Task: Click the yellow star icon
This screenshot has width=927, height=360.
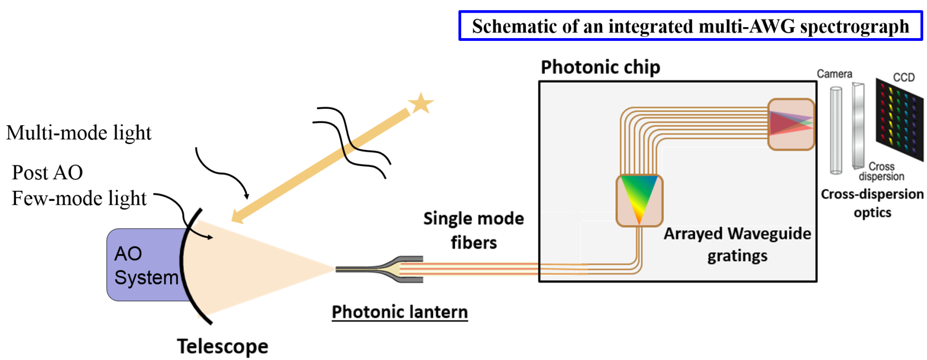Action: pos(421,103)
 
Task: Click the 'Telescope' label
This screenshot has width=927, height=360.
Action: pos(223,346)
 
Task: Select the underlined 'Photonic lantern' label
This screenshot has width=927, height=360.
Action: pos(400,312)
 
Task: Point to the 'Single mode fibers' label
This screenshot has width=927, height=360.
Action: pos(473,230)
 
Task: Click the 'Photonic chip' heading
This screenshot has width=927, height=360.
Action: pos(600,67)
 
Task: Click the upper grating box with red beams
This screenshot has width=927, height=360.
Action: pos(791,124)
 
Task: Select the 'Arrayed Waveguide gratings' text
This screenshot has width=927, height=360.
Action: pos(737,244)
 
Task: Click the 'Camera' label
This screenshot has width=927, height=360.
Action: pos(834,74)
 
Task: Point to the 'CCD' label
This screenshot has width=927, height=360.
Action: pos(904,77)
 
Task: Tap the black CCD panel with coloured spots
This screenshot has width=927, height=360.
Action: pos(899,119)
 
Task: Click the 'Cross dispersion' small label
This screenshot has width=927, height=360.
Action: pos(881,171)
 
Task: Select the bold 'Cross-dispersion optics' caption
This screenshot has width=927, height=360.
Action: pos(872,203)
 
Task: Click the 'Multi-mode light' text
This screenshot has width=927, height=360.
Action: pos(79,133)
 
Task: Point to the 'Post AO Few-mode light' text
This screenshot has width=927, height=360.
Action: pos(78,185)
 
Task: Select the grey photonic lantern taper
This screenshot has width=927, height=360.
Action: pos(392,269)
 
